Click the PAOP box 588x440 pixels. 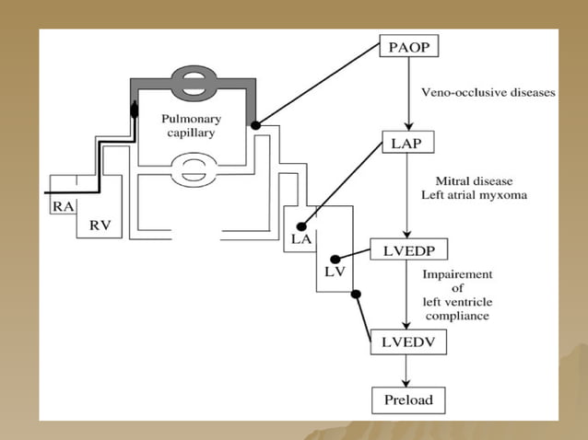(x=409, y=46)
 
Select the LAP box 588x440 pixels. (x=408, y=142)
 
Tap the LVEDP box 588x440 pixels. (x=409, y=249)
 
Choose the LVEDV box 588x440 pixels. (x=408, y=342)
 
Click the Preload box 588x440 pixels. (x=408, y=400)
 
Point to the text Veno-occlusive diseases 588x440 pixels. (x=488, y=92)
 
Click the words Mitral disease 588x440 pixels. (x=474, y=181)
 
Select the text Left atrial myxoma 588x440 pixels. (x=474, y=195)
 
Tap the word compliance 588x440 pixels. (x=457, y=316)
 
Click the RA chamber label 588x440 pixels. (x=64, y=206)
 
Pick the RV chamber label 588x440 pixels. (x=100, y=225)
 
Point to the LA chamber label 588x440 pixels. (x=301, y=239)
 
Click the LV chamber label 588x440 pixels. (x=335, y=272)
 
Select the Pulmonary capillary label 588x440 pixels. (x=192, y=125)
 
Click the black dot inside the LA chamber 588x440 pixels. (x=301, y=226)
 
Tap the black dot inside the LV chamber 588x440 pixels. (x=335, y=260)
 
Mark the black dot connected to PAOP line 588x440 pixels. (x=255, y=125)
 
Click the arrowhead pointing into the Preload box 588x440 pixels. (x=406, y=383)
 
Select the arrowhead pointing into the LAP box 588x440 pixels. (x=409, y=126)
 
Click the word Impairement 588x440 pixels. (x=457, y=274)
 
